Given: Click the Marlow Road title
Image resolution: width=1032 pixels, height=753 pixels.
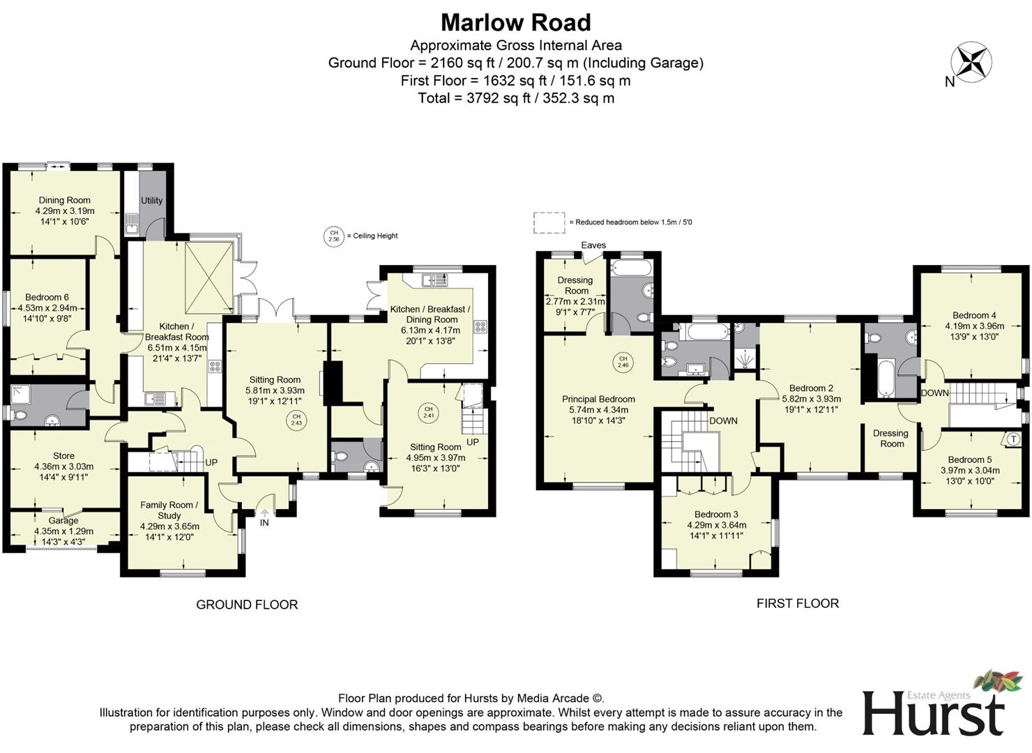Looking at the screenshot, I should tap(515, 23).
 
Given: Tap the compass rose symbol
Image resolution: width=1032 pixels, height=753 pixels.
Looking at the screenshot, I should tap(971, 61).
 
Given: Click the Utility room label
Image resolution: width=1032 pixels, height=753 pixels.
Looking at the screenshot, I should tap(151, 201).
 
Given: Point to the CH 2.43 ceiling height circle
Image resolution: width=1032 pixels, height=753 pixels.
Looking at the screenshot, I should tap(296, 420).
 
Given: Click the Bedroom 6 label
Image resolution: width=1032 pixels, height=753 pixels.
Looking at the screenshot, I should tap(47, 297).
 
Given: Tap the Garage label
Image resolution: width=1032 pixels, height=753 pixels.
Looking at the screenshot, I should tap(63, 520).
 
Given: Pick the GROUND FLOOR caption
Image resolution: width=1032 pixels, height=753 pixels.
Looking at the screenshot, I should tap(247, 604).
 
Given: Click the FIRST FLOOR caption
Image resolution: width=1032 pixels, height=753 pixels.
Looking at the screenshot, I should tap(797, 603).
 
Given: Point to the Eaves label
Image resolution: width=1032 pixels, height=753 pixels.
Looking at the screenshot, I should tap(593, 245).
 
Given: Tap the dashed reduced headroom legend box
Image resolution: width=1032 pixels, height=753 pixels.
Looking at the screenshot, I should tap(549, 222).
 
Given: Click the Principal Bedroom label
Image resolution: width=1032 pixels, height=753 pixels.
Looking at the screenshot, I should tap(598, 400).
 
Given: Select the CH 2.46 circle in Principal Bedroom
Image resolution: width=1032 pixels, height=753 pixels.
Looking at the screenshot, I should tap(623, 362).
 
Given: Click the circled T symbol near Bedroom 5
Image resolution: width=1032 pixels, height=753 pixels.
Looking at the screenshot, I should tap(1012, 439).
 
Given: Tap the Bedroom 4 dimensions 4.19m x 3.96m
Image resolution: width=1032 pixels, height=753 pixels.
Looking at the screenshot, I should tap(974, 326).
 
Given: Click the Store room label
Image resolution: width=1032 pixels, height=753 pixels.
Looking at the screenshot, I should tap(63, 456).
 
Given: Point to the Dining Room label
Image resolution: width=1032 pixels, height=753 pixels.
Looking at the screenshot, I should tap(64, 200).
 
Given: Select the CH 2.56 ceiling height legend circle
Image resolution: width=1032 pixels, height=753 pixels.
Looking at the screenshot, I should tap(333, 236).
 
